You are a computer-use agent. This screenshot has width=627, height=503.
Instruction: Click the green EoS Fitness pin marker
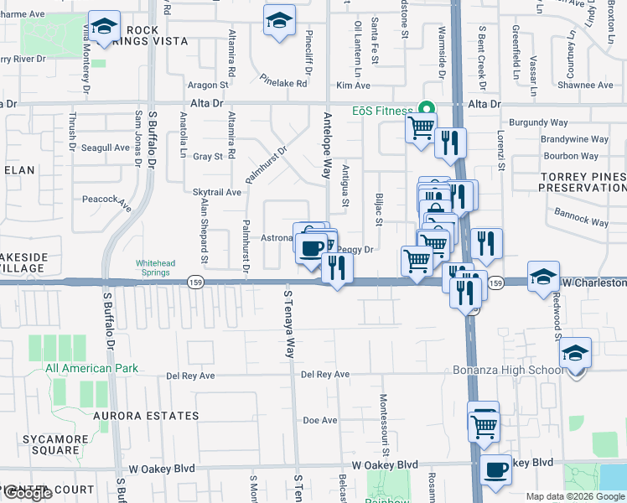(426, 109)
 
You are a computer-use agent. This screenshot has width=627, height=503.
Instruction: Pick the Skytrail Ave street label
(217, 192)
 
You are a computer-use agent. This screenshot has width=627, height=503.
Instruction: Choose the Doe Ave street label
(319, 420)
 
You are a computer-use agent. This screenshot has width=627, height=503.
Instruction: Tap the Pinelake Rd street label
(284, 83)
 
